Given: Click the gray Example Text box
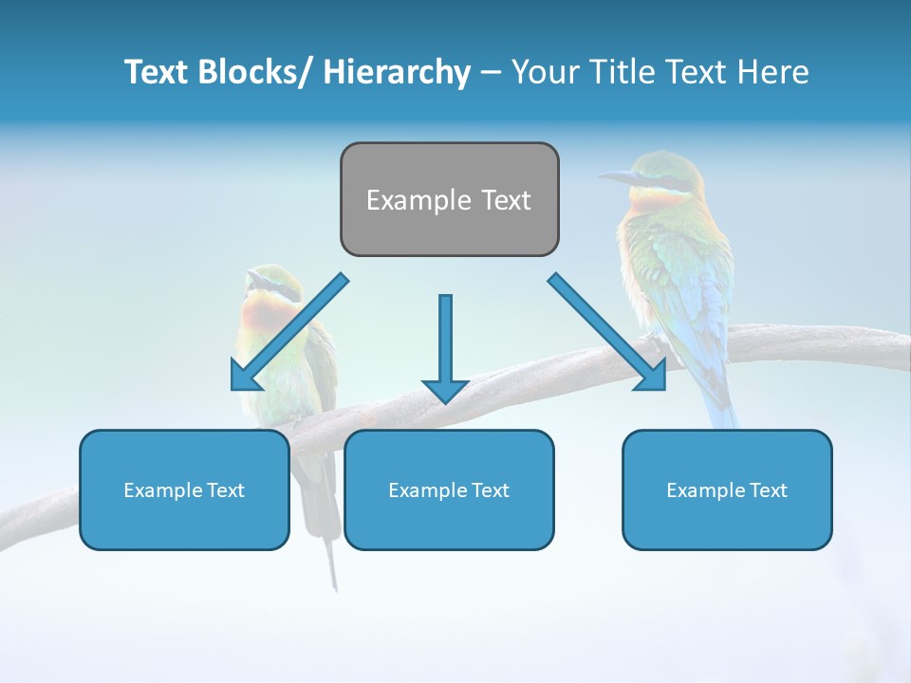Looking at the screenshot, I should point(449,199).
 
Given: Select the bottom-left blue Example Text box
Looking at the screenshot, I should point(184,489).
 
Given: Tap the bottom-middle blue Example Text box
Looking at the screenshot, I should point(449,489).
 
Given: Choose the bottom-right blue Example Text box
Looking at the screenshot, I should point(727,489).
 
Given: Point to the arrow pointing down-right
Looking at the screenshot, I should point(608,333).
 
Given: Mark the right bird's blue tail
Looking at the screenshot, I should point(717,398).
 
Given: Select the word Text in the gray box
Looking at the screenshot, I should point(504,200).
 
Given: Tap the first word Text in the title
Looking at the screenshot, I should point(158,72).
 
